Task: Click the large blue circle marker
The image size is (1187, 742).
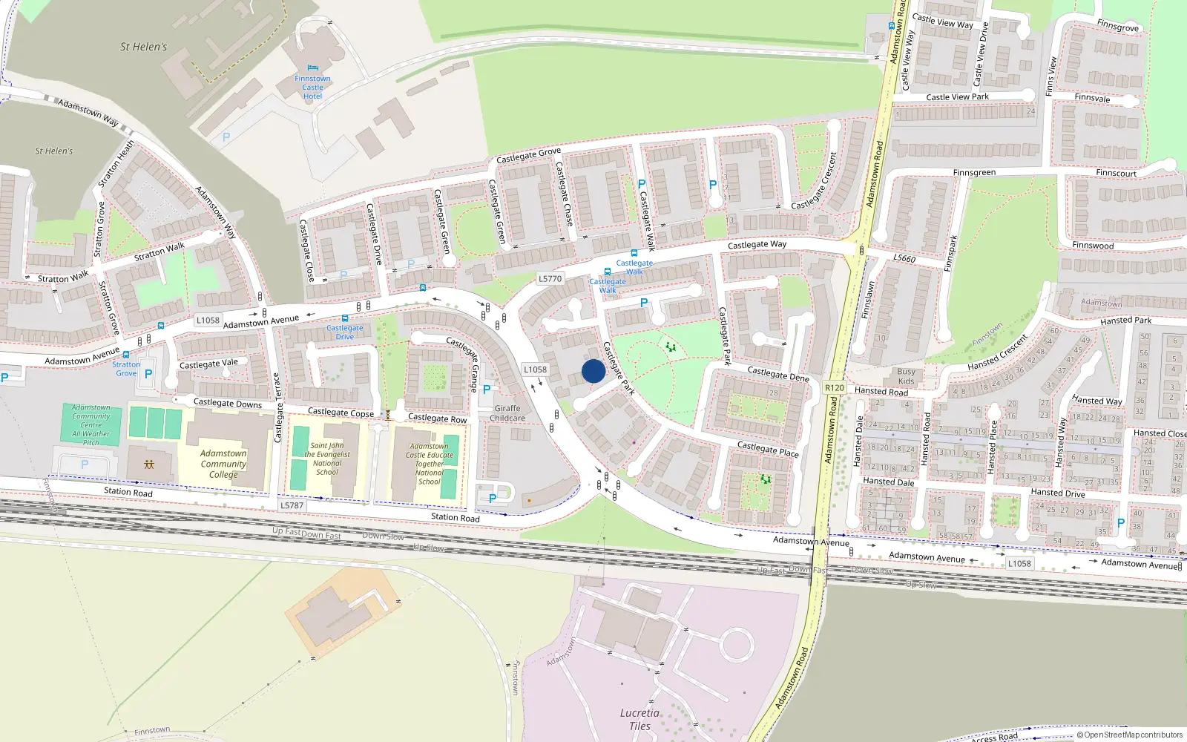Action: (x=593, y=371)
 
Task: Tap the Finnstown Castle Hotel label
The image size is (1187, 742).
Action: (x=312, y=88)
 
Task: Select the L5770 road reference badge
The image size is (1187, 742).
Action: (x=550, y=279)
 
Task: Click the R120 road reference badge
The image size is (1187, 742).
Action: (x=835, y=387)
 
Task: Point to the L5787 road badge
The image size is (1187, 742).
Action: (x=292, y=505)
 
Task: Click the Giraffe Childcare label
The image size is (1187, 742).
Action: (x=507, y=413)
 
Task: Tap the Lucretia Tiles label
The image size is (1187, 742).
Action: (x=639, y=719)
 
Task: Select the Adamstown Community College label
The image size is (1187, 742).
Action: (x=223, y=464)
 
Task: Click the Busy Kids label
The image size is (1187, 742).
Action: (x=906, y=376)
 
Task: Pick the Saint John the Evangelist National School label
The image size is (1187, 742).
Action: (x=327, y=459)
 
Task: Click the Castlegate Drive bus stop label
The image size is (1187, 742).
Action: (x=345, y=332)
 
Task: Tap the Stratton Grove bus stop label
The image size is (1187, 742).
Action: (x=126, y=368)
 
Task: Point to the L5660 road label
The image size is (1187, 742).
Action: (x=904, y=258)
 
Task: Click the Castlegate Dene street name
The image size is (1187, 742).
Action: (x=778, y=374)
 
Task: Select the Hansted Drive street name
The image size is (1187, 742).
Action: (x=1057, y=493)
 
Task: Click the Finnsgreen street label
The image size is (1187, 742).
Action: (x=974, y=173)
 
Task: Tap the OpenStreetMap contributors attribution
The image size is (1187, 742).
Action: (x=1130, y=735)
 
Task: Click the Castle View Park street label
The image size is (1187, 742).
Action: (x=957, y=97)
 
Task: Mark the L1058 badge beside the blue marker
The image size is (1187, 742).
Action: (x=535, y=370)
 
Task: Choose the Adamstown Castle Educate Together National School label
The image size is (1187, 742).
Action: (x=429, y=464)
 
